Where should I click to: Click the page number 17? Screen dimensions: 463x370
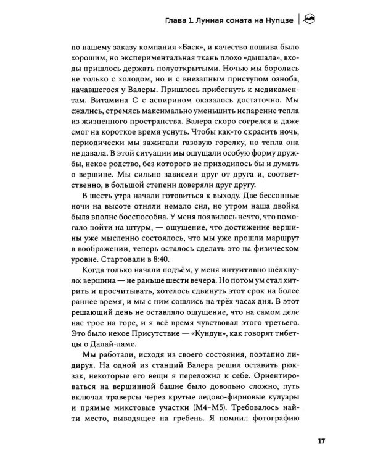click(x=321, y=441)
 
